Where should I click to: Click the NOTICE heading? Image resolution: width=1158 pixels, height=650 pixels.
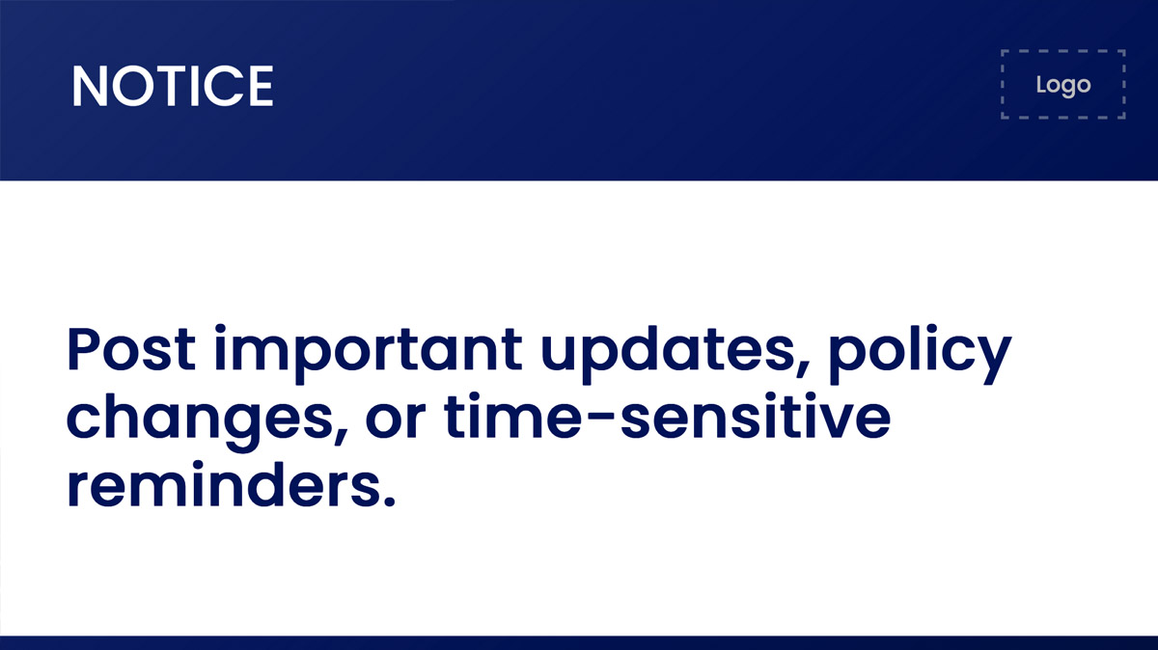[x=173, y=86]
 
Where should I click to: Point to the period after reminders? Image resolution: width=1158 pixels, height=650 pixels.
[x=388, y=504]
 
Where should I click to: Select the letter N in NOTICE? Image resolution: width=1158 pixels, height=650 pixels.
[x=88, y=86]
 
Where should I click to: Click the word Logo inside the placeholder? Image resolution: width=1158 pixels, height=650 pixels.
[x=1063, y=85]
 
